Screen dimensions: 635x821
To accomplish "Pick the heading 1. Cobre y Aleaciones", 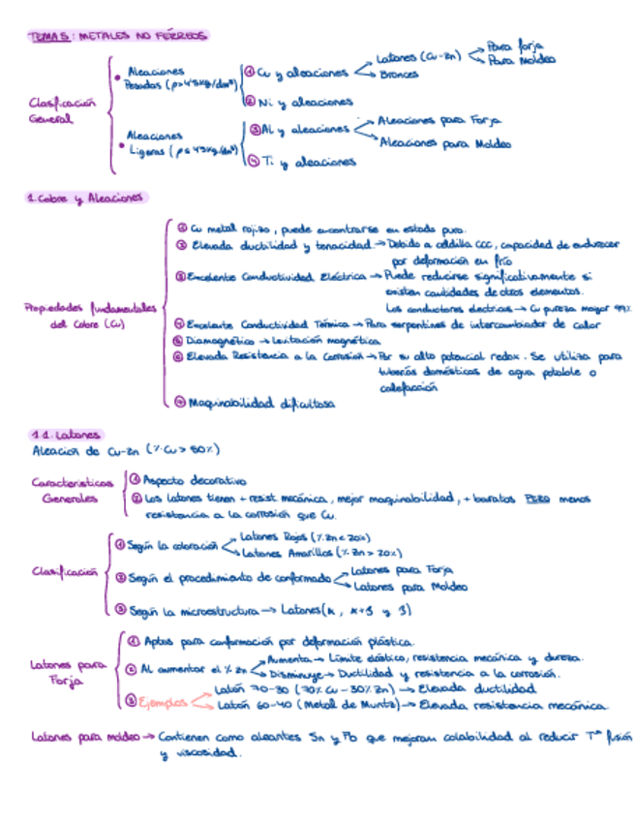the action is tap(86, 198).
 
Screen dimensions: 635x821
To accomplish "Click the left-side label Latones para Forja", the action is tap(68, 673).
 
